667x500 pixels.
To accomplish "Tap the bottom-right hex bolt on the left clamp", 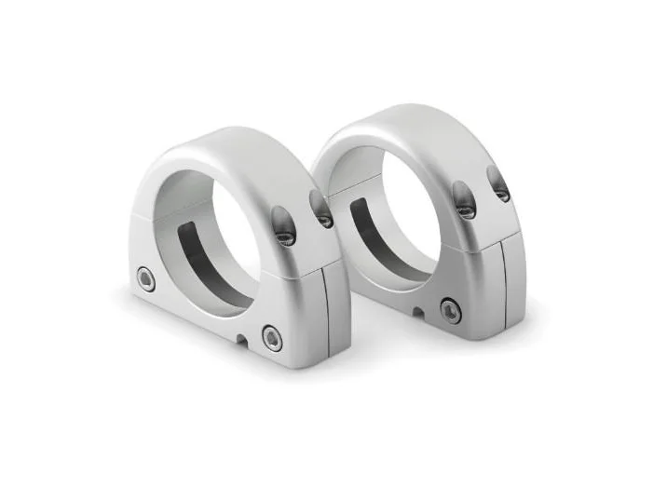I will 271,336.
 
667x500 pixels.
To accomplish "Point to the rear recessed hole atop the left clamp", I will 322,213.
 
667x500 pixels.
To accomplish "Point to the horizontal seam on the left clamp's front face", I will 140,216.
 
